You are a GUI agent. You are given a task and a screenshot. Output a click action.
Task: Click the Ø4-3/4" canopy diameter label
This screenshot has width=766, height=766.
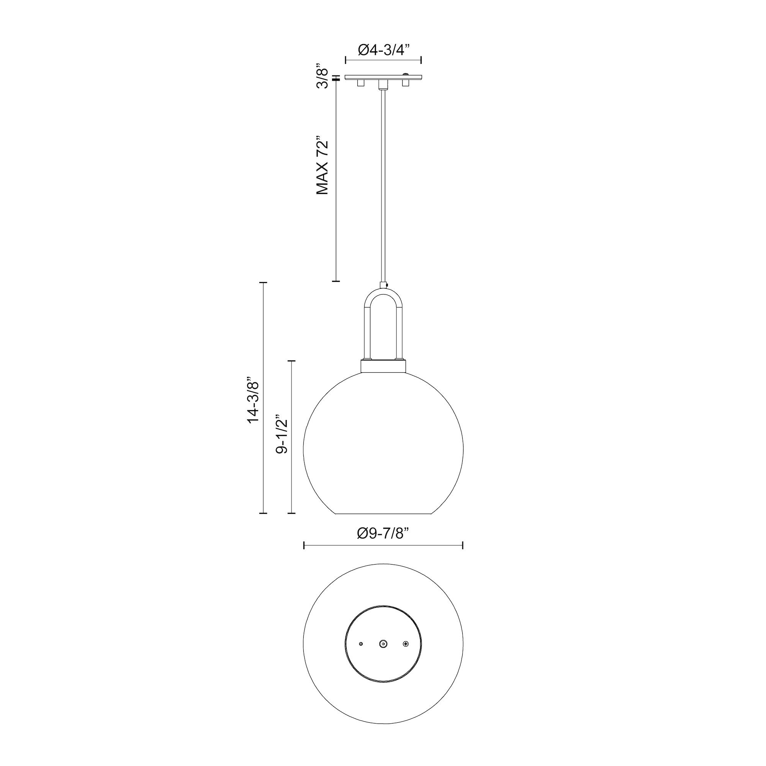click(x=383, y=50)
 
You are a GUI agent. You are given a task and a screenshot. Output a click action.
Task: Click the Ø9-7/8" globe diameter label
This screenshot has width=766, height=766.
click(x=383, y=534)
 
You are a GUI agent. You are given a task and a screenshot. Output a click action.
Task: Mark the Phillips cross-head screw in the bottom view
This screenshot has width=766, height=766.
click(x=405, y=644)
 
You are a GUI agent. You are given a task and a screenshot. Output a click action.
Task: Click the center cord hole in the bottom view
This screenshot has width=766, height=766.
click(x=383, y=644)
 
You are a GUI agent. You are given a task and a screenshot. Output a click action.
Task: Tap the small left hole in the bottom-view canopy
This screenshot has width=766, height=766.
click(x=360, y=644)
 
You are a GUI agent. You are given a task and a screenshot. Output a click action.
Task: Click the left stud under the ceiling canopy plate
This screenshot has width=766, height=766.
click(x=360, y=83)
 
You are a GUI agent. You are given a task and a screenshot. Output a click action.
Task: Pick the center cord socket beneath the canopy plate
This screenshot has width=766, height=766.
click(x=383, y=84)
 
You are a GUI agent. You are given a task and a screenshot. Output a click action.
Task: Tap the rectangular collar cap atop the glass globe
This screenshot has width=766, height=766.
click(x=383, y=365)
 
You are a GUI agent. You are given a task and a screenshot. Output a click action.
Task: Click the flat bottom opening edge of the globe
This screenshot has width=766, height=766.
click(x=383, y=514)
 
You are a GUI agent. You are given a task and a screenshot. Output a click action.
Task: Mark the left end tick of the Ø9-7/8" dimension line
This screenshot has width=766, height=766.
click(x=304, y=545)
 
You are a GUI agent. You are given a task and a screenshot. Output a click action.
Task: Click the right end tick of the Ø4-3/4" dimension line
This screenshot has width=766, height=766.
click(x=421, y=60)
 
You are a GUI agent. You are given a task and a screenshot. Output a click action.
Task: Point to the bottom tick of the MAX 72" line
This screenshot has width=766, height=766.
click(x=336, y=281)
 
